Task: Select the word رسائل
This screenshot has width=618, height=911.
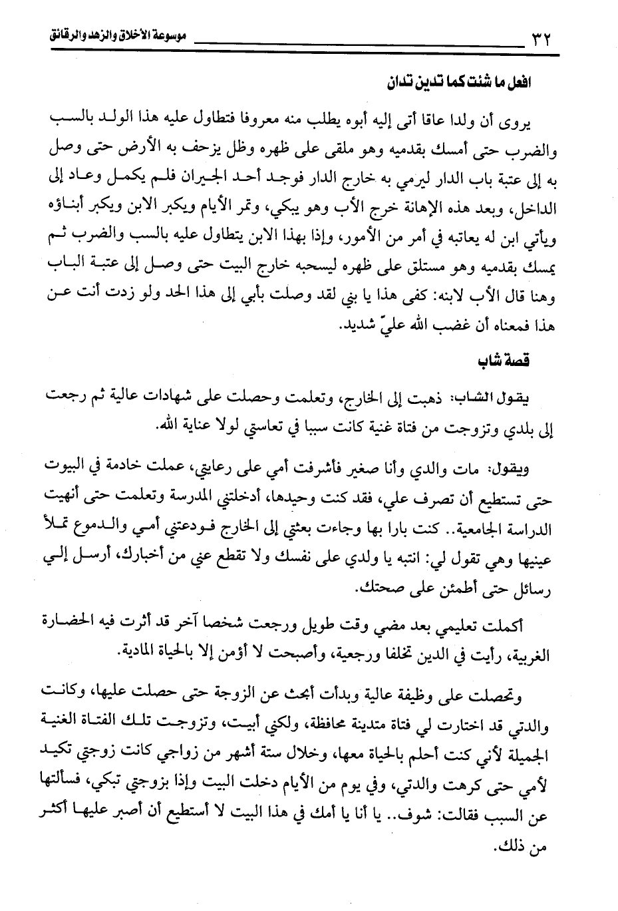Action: pyautogui.click(x=536, y=588)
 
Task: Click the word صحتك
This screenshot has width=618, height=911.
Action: pyautogui.click(x=377, y=588)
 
